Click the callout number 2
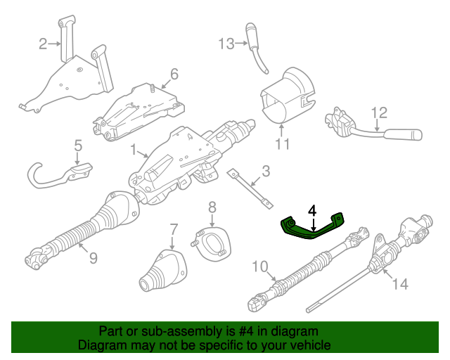point(43,44)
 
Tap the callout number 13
point(226,44)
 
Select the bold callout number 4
point(312,211)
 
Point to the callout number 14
point(400,284)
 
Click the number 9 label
point(94,258)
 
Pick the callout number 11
point(283,144)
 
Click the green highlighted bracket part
point(312,227)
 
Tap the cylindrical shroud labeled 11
point(287,95)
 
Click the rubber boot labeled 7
point(163,271)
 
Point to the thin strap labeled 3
point(250,189)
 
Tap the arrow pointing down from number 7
point(172,243)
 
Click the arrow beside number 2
point(55,44)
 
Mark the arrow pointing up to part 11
point(282,129)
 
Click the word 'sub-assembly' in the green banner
point(180,331)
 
